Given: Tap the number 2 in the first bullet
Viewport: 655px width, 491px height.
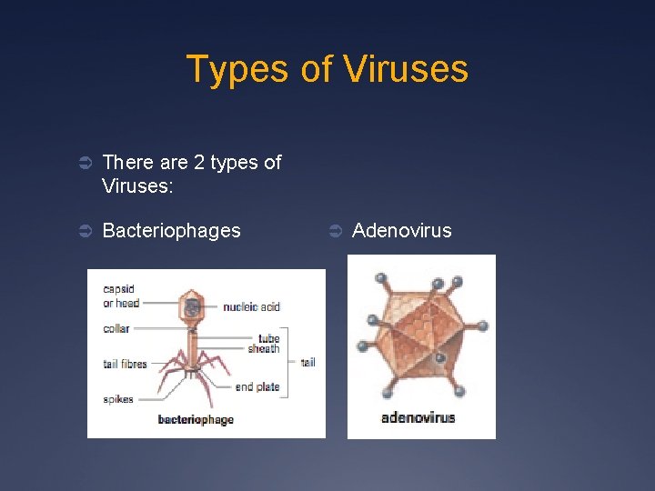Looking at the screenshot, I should click(198, 163).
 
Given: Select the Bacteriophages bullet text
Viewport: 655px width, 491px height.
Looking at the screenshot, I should click(171, 231).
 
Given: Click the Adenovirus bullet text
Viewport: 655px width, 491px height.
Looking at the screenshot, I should click(401, 231).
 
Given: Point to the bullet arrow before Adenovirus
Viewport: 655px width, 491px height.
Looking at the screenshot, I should click(335, 231).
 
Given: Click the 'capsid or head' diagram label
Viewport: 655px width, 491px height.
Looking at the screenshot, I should click(120, 296).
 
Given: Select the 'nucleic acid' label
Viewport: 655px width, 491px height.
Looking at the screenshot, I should click(251, 306).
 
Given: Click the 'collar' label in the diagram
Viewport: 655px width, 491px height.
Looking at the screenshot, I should click(116, 328).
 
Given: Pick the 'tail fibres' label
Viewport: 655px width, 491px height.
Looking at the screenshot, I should click(125, 365).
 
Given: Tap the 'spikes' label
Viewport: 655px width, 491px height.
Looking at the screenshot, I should click(117, 398).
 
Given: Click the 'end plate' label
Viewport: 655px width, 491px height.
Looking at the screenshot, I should click(257, 387).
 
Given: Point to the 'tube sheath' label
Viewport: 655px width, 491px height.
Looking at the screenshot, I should click(264, 343).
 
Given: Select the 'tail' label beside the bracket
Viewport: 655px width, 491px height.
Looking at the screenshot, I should click(307, 363).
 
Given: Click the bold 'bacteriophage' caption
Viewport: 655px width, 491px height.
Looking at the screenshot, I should click(196, 419).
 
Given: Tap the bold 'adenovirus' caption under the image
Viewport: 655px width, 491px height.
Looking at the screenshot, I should click(418, 418).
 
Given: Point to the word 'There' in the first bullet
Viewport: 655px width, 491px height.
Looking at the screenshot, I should click(127, 163).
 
